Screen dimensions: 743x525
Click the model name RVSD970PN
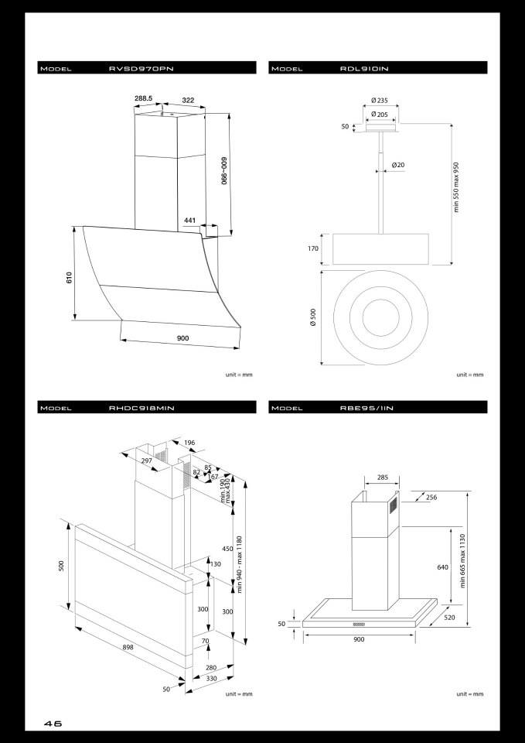tap(141, 69)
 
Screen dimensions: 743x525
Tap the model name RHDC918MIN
tap(141, 408)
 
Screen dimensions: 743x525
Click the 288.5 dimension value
tap(143, 99)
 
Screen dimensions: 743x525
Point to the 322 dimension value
tap(188, 99)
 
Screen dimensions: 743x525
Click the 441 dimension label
tap(190, 221)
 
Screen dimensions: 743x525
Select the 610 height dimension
tap(69, 277)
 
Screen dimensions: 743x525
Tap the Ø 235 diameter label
tap(379, 100)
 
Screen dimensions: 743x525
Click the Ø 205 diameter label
tap(379, 114)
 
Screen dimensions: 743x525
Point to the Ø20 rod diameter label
tap(398, 165)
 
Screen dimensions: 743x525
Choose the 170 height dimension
tap(313, 249)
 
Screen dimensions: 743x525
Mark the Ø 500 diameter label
tap(313, 317)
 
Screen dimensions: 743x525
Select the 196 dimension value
tap(189, 443)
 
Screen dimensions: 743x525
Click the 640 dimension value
tap(442, 567)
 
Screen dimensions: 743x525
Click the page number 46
tap(53, 724)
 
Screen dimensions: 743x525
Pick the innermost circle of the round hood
tap(375, 317)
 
